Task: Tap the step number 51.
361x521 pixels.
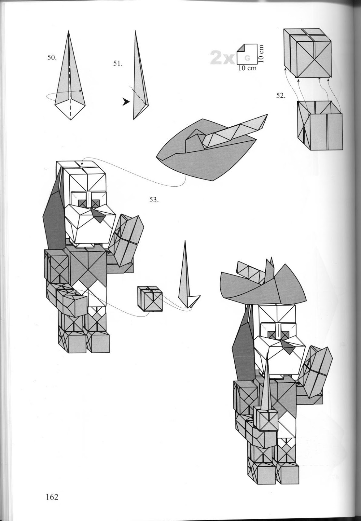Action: coord(118,63)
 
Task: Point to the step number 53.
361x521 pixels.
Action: coord(154,200)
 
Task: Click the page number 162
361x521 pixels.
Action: coord(50,497)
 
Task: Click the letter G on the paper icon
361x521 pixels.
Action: coord(248,58)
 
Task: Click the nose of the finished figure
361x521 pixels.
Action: coord(286,346)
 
